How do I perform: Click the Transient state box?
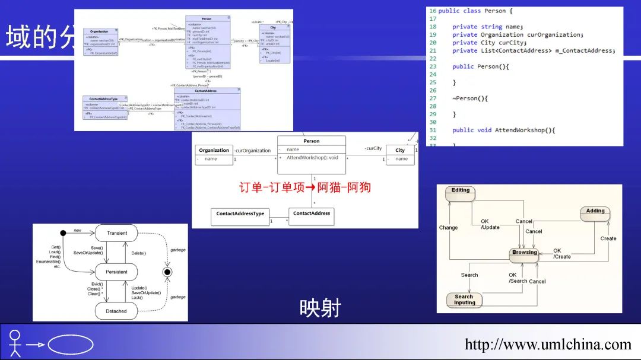(116, 233)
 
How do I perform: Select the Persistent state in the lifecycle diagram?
(116, 272)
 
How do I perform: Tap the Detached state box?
(116, 311)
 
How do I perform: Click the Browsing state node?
(524, 253)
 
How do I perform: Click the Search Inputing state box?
(464, 300)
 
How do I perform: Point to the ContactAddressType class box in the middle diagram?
(240, 216)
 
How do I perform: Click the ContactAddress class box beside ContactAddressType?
(312, 216)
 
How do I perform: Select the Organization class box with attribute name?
(214, 154)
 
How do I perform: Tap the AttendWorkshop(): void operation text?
(312, 158)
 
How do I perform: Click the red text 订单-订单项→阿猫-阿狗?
(305, 187)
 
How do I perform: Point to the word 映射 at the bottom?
(320, 308)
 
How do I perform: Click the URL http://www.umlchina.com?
(548, 344)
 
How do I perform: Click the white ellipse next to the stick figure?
(70, 344)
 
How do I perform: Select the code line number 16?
(432, 11)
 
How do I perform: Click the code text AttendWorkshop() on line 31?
(525, 130)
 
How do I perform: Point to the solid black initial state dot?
(63, 233)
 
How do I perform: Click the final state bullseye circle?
(167, 272)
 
